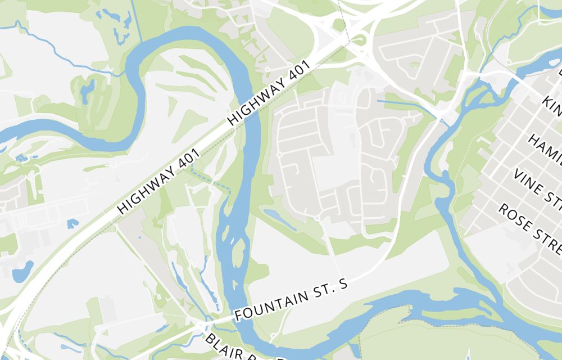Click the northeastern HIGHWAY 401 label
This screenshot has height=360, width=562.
point(269,93)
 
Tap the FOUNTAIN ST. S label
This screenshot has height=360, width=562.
point(291,298)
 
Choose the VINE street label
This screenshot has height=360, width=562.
point(537,186)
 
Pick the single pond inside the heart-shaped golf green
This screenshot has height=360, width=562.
point(88,89)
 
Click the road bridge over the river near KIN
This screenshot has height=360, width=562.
point(444,118)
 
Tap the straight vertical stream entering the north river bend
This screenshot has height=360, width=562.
point(134,20)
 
